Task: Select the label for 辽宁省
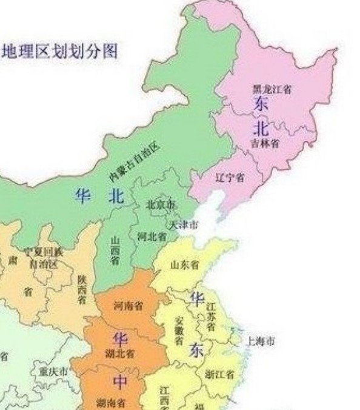tap(230, 177)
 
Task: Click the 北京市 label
tap(161, 204)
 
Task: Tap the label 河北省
tap(152, 236)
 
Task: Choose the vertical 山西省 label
tap(115, 250)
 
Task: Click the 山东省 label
tap(185, 264)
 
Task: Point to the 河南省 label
tap(128, 305)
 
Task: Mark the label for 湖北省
tap(121, 352)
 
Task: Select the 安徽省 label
tap(179, 331)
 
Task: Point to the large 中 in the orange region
tap(121, 380)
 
